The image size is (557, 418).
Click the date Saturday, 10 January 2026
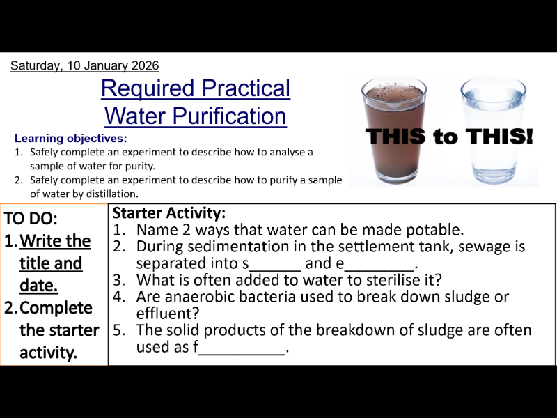(x=84, y=66)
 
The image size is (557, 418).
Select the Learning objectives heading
(x=71, y=138)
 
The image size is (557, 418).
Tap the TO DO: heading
(x=31, y=218)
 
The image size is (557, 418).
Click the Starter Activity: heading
(x=169, y=213)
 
